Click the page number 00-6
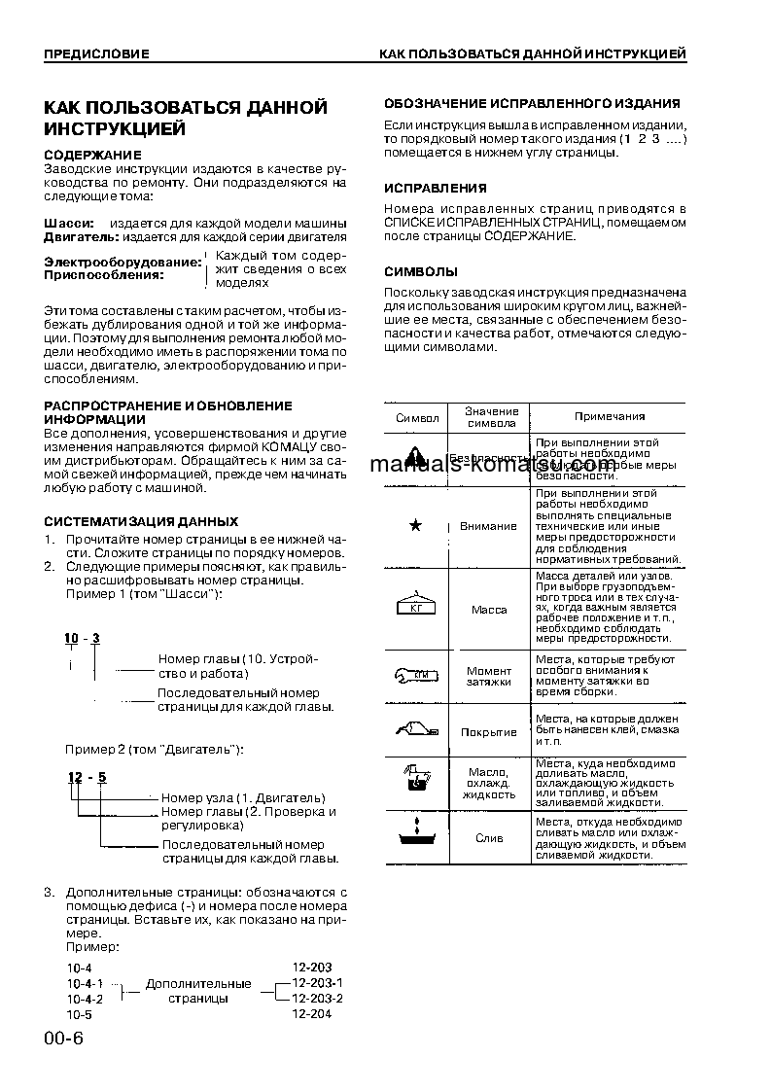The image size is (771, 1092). tap(64, 1039)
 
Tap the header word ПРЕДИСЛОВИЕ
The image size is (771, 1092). tap(96, 53)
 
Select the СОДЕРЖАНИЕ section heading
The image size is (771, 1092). tap(93, 155)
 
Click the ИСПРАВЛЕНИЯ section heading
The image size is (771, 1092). tap(436, 188)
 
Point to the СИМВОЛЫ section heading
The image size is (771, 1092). tap(421, 271)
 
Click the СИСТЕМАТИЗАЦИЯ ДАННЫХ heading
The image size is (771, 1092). tap(141, 521)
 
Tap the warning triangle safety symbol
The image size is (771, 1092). tap(416, 457)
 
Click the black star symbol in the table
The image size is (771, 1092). tap(416, 526)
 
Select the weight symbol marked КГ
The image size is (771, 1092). tap(416, 607)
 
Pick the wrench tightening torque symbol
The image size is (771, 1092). tap(416, 676)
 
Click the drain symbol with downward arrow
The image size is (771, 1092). tap(416, 836)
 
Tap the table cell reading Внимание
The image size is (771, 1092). tap(489, 526)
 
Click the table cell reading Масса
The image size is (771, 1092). tap(489, 610)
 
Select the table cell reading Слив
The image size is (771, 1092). tap(489, 837)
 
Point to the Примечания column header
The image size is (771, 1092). tap(609, 416)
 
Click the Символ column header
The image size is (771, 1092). tap(417, 417)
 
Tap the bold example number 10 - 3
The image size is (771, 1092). tap(83, 638)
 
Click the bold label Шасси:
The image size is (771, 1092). tap(69, 223)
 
